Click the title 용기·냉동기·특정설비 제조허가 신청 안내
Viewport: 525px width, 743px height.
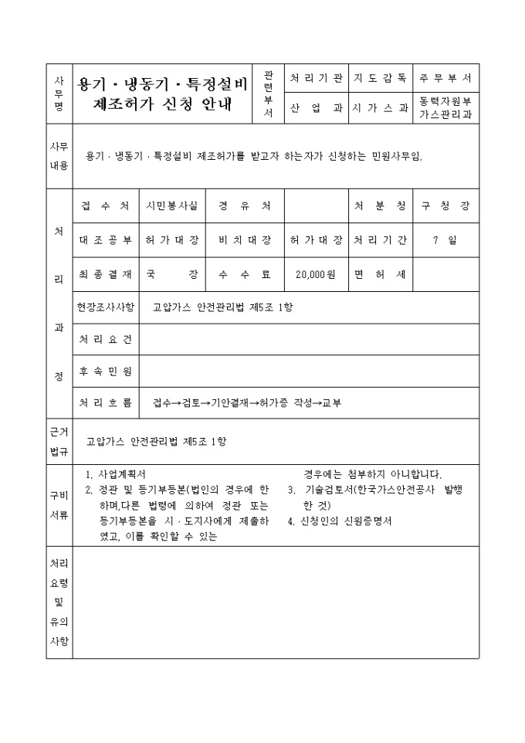coord(163,93)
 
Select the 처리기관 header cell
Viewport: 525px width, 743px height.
coord(316,78)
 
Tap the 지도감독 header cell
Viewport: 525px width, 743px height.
coord(380,78)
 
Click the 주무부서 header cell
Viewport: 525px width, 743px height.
coord(445,78)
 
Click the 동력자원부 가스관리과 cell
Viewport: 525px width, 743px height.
coord(445,108)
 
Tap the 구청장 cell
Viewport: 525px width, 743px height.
coord(445,206)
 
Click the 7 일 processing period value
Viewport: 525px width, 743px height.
coord(445,240)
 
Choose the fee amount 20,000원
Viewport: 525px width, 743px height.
coord(315,274)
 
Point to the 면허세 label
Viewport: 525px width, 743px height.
coord(380,274)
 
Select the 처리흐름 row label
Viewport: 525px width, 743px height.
coord(106,402)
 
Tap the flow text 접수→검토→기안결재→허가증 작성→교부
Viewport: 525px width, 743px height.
coord(247,402)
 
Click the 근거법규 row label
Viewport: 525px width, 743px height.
coord(59,441)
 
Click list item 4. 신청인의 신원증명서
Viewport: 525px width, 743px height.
coord(340,521)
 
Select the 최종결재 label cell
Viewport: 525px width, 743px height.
coord(106,274)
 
